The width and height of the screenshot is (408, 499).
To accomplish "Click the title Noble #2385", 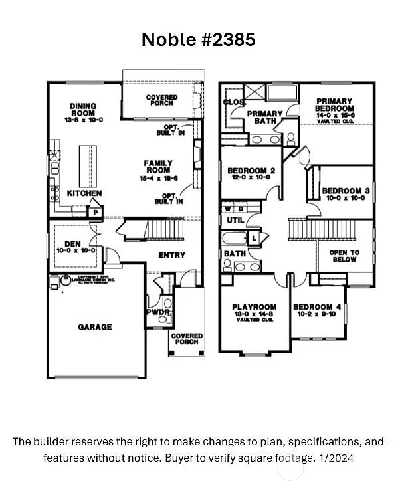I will (x=198, y=39).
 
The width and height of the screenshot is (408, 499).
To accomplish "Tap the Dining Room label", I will (x=83, y=110).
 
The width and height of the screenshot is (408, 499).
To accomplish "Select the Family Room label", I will (x=158, y=167).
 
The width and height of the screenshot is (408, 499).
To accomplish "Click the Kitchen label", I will (x=84, y=193).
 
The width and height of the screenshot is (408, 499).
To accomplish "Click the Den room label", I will (x=72, y=247).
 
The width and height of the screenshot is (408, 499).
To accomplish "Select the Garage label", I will (x=95, y=327).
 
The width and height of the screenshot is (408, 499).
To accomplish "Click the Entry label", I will (x=171, y=255).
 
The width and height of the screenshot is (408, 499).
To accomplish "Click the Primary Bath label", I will (x=264, y=118).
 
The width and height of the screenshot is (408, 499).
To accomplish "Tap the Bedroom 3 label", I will (x=342, y=194).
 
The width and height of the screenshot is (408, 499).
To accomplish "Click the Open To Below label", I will (x=344, y=256).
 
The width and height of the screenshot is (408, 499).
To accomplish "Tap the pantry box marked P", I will (x=95, y=212).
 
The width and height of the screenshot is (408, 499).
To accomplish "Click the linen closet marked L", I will (x=255, y=237).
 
